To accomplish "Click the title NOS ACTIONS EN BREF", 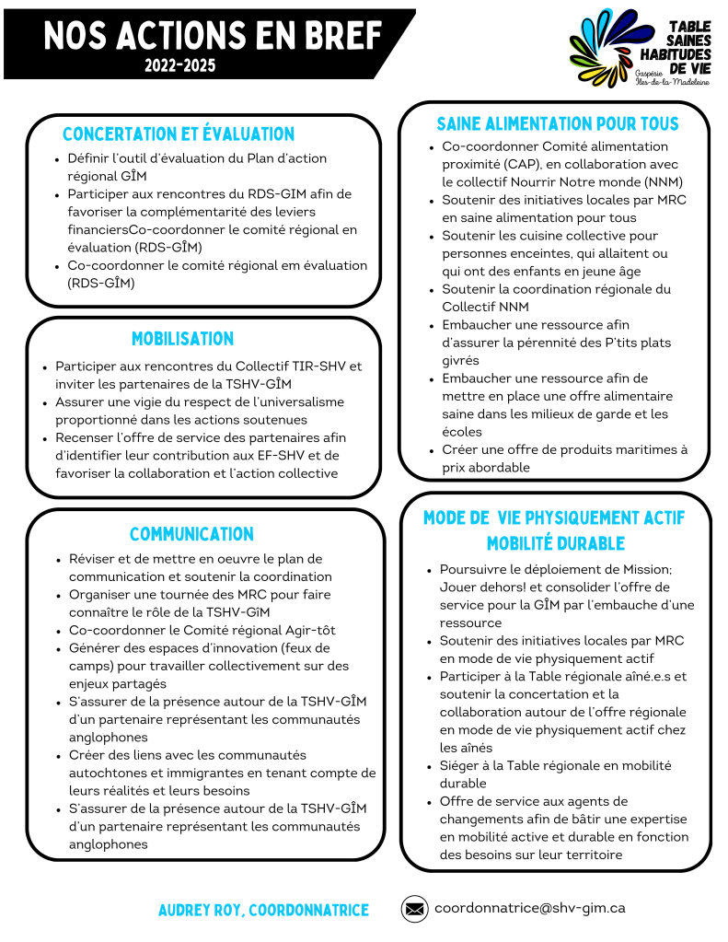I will coord(213,36).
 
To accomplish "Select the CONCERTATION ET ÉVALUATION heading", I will coord(179,134).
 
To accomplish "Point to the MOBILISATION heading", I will coord(182,339).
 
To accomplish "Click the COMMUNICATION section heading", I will coord(191,534).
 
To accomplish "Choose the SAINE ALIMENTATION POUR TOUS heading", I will coord(557,124).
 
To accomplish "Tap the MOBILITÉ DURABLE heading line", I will coord(556,543).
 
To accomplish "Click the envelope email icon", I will coord(414,909).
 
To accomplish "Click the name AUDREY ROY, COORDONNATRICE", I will coord(263,910).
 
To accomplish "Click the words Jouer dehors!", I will coord(479,587).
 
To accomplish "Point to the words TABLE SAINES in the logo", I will coord(688,35).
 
